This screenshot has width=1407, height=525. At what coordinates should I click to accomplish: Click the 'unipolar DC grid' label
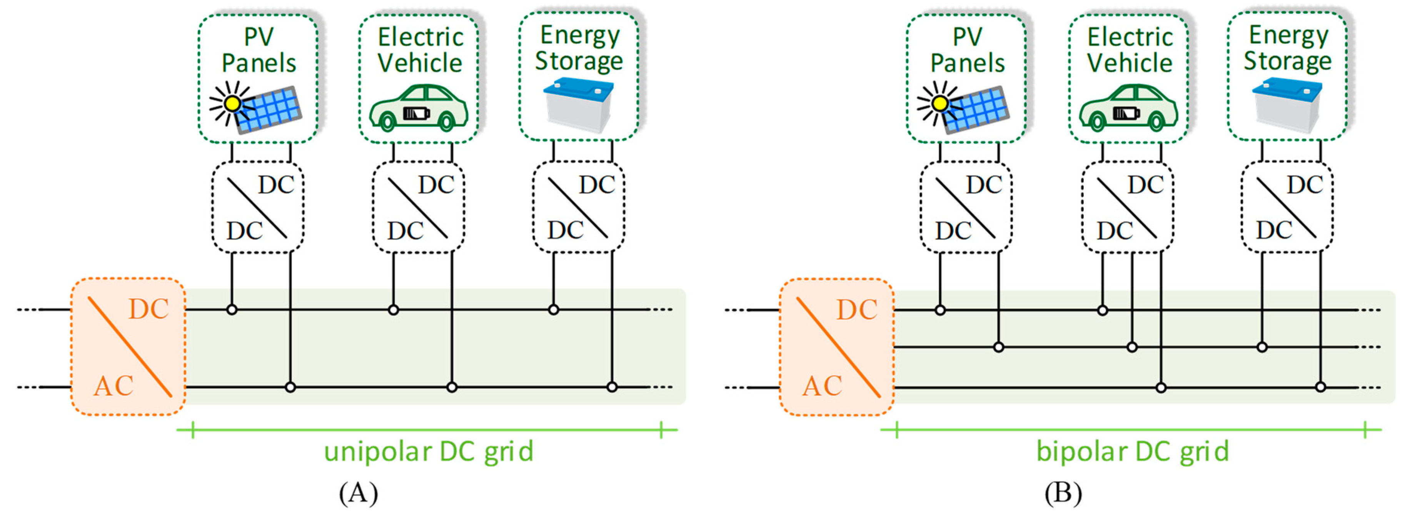click(428, 452)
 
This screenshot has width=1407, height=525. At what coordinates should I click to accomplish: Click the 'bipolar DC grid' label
click(1132, 452)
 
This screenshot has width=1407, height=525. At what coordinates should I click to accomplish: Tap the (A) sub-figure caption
click(358, 493)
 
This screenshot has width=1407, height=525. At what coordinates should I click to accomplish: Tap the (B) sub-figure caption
click(1063, 493)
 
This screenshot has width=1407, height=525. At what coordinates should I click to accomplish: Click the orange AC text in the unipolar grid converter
click(113, 386)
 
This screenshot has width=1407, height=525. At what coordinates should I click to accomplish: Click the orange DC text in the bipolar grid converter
click(856, 310)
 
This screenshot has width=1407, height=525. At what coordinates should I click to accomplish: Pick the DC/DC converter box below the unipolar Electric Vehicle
click(418, 208)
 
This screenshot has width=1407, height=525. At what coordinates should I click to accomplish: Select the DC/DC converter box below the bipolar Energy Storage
click(1287, 208)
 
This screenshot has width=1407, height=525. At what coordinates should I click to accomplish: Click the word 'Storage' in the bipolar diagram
click(1287, 61)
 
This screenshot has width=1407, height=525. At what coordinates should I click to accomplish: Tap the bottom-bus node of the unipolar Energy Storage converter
click(612, 387)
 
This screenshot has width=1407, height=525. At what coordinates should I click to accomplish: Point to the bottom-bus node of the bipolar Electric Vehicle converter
click(1161, 387)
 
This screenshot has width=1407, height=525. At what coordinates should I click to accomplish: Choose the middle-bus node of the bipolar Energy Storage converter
click(1262, 347)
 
